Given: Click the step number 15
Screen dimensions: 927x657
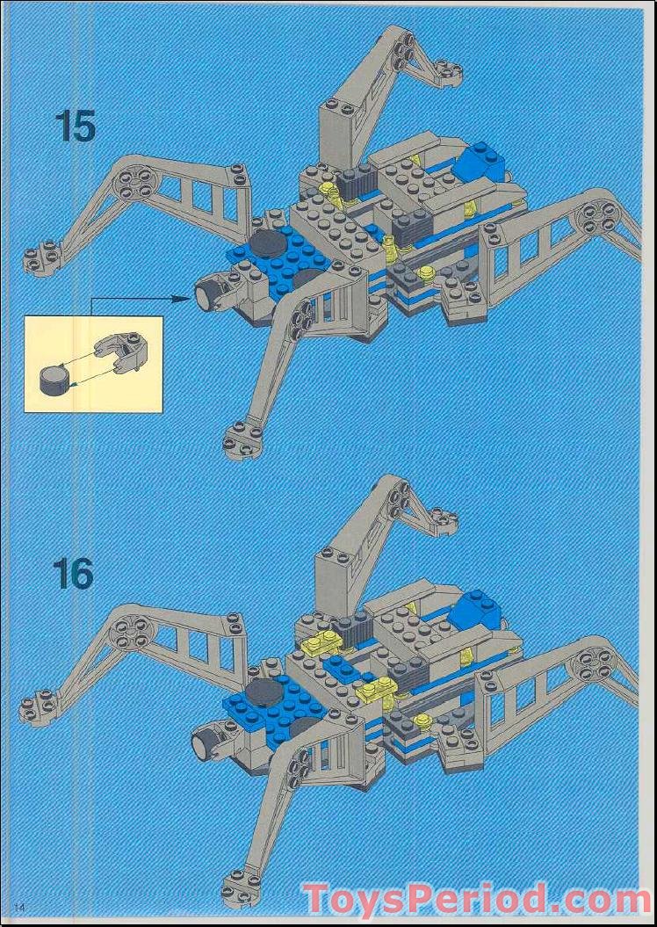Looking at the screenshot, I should click(x=75, y=126).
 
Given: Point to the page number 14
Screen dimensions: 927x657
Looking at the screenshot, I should click(x=19, y=906).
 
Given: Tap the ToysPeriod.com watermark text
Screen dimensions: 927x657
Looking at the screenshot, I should click(x=475, y=899).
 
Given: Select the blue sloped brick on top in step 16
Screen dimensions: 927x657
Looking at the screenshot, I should click(x=475, y=607).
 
